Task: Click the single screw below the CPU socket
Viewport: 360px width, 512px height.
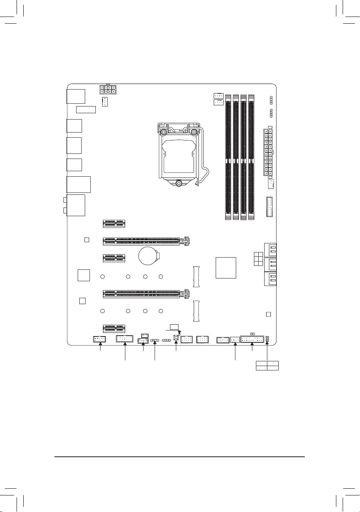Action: coord(179,183)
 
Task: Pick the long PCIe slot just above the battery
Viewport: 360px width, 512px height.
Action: coord(144,240)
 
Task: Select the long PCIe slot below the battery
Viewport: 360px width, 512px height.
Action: coord(144,293)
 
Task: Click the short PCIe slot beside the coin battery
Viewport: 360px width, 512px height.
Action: coord(114,258)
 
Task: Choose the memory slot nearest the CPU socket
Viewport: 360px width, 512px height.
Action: coord(228,157)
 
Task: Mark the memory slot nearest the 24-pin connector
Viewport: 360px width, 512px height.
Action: coord(251,157)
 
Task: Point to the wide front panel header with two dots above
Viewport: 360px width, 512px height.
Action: coord(252,339)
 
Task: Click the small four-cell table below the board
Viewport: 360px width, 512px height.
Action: coord(267,365)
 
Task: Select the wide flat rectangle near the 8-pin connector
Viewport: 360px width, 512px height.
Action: coord(86,109)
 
